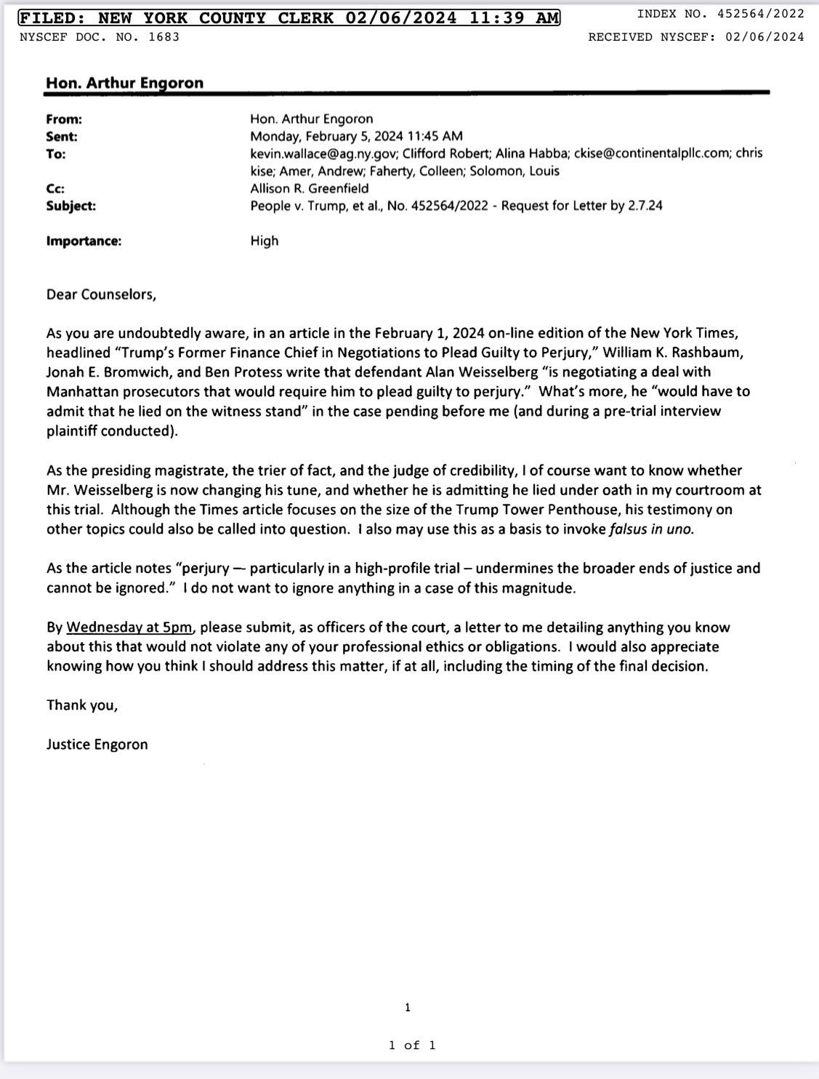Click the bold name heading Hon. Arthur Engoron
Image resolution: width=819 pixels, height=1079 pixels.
pos(124,83)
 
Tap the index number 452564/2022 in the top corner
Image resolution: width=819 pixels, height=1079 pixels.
pos(760,13)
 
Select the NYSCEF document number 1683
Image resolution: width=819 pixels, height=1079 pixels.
pos(164,36)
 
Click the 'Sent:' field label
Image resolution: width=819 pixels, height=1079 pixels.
pos(61,136)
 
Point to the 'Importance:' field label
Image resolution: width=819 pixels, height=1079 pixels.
pos(84,241)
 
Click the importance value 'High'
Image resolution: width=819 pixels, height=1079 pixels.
pos(265,241)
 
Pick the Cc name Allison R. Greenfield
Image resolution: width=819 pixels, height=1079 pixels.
pos(310,188)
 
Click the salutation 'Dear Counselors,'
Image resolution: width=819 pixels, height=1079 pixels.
pos(101,294)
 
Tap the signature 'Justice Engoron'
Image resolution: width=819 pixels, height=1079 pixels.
pos(97,744)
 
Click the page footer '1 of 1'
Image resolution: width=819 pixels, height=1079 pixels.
pos(412,1045)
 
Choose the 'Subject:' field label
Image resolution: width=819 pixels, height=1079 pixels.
pos(70,206)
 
